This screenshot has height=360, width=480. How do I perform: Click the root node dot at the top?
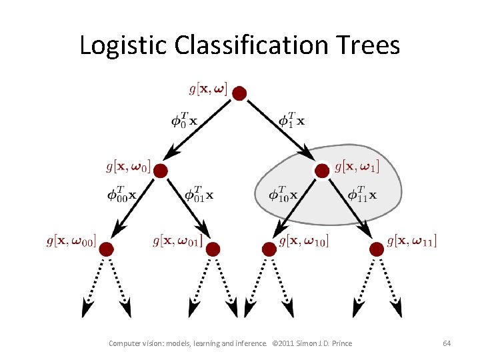pyautogui.click(x=239, y=93)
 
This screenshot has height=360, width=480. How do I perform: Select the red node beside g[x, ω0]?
pyautogui.click(x=160, y=171)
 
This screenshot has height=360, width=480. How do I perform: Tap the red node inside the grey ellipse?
pyautogui.click(x=322, y=171)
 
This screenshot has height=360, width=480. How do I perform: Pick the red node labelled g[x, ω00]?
pyautogui.click(x=106, y=249)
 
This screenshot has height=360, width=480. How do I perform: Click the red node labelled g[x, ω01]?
pyautogui.click(x=213, y=249)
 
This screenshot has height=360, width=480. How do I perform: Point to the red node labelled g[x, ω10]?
pyautogui.click(x=269, y=249)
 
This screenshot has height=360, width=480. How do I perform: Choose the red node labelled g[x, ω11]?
pyautogui.click(x=376, y=249)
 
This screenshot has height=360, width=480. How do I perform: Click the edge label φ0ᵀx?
pyautogui.click(x=183, y=120)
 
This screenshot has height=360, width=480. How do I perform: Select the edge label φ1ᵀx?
pyautogui.click(x=292, y=120)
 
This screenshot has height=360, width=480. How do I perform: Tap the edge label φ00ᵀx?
pyautogui.click(x=121, y=194)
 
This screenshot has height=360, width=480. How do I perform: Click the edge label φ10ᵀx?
pyautogui.click(x=283, y=194)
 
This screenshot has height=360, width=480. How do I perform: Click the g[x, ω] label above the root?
pyautogui.click(x=208, y=88)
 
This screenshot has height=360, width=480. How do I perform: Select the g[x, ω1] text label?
pyautogui.click(x=357, y=165)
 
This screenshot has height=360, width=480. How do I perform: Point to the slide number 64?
pyautogui.click(x=447, y=343)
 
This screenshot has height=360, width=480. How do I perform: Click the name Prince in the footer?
pyautogui.click(x=341, y=343)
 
